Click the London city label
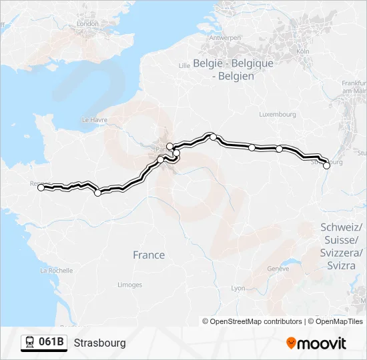[87, 24]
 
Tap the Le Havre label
[93, 119]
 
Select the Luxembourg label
[278, 114]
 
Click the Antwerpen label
[225, 38]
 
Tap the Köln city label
[302, 51]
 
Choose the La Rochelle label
[56, 271]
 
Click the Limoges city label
[129, 285]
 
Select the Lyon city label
[238, 288]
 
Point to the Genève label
[278, 269]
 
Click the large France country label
[149, 255]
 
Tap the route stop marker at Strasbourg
[326, 165]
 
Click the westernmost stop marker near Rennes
[41, 188]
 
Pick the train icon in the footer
[30, 343]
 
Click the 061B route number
[51, 343]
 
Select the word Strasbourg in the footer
[99, 343]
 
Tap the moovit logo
[316, 343]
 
